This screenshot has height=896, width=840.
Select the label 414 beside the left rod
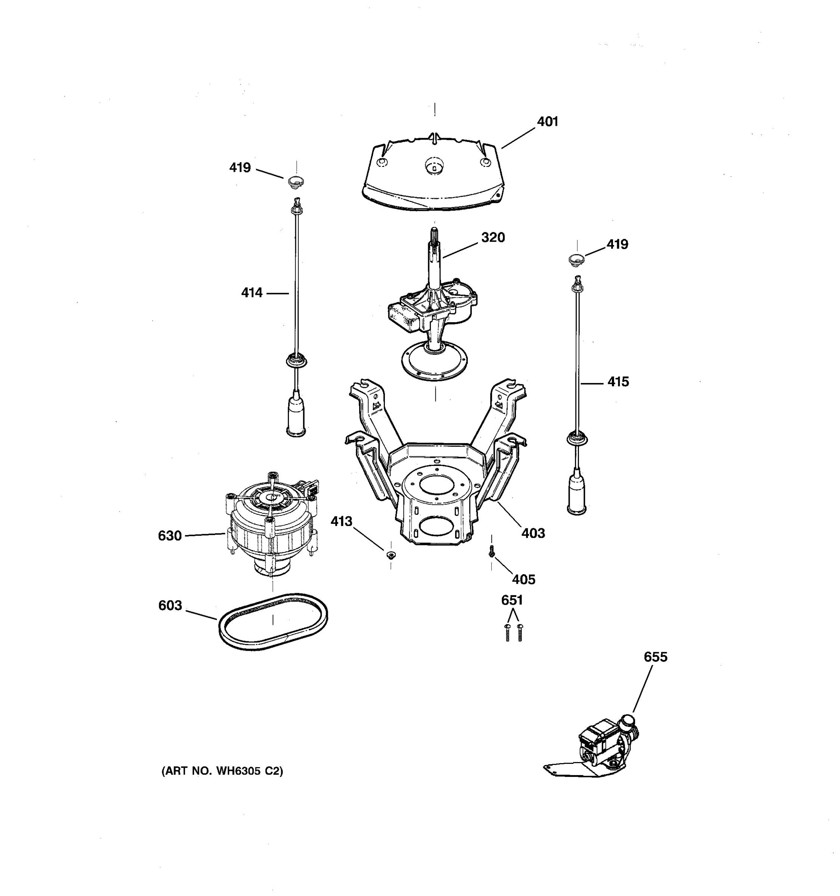(252, 293)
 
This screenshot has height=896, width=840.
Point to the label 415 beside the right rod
(617, 382)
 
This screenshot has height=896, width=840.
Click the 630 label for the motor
(169, 536)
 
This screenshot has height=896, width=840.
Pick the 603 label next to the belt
(170, 605)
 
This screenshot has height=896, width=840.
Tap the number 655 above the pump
(655, 657)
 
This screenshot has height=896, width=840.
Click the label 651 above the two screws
(512, 600)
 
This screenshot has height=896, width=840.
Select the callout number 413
(341, 522)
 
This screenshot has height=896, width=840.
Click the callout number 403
(533, 533)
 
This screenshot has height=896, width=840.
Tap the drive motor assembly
(270, 523)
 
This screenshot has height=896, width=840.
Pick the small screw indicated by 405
(492, 551)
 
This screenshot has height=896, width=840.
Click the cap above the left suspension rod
(296, 183)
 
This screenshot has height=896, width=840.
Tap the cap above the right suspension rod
(576, 259)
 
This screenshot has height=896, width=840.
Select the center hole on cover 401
(433, 168)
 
